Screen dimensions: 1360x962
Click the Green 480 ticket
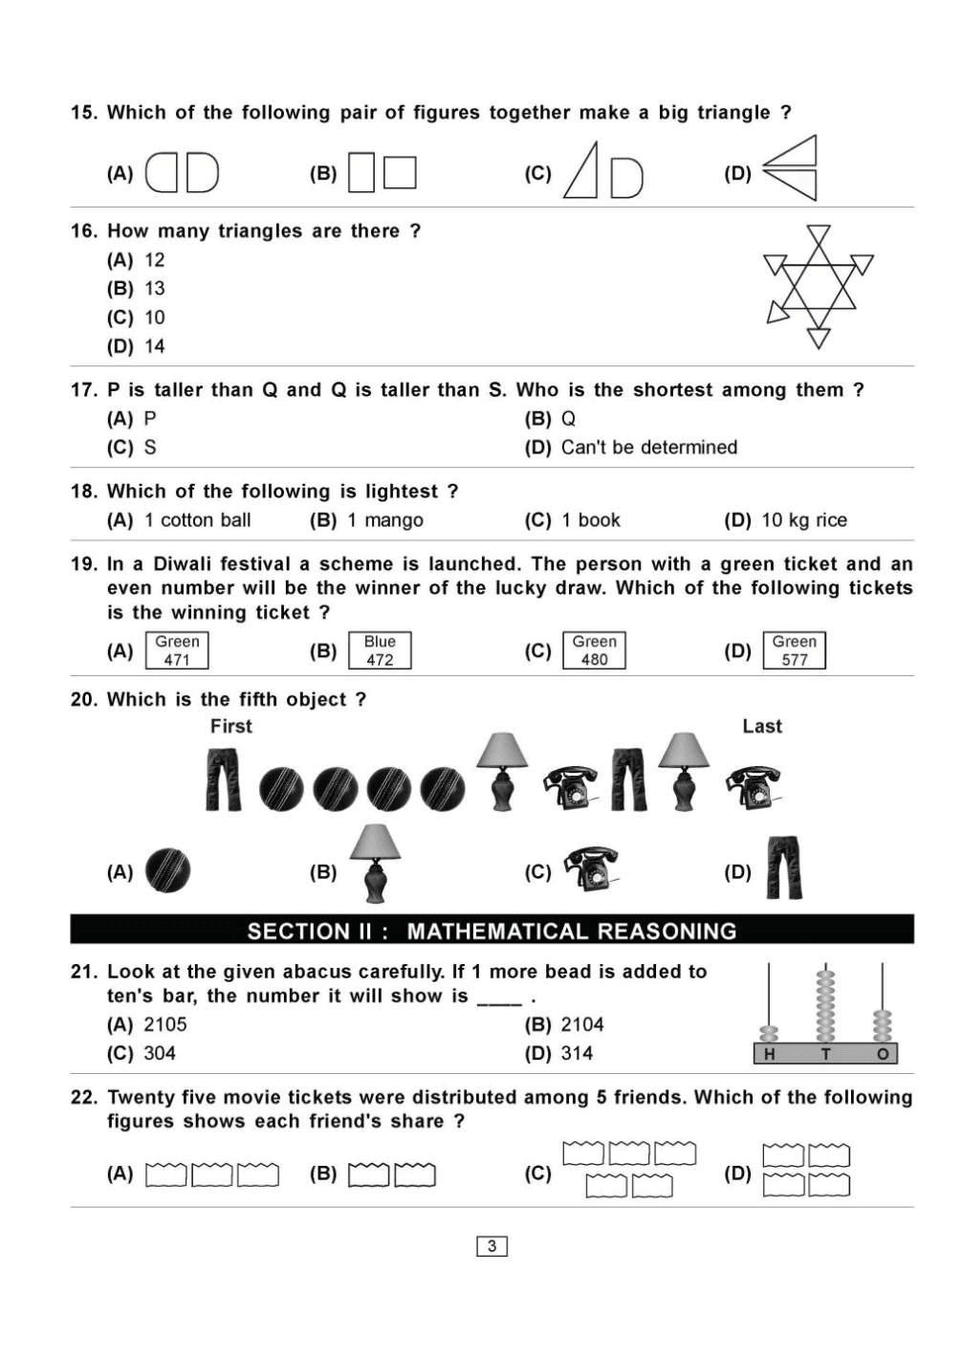594,650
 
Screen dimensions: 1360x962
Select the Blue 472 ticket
380,650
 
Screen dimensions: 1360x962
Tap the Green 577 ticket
794,650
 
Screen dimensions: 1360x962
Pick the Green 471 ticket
177,650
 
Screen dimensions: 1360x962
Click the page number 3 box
492,1246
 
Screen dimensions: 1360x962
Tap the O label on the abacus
883,1055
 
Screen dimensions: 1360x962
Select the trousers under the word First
224,780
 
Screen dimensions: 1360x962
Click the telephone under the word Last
754,786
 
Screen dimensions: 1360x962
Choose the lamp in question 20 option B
375,863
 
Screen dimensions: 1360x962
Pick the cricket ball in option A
167,871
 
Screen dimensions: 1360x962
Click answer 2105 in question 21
165,1024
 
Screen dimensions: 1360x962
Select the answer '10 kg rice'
804,520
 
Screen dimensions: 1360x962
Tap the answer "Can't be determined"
649,448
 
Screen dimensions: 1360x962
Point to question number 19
84,564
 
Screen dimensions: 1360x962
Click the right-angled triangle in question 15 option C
583,172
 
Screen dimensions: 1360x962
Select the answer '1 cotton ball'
198,520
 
